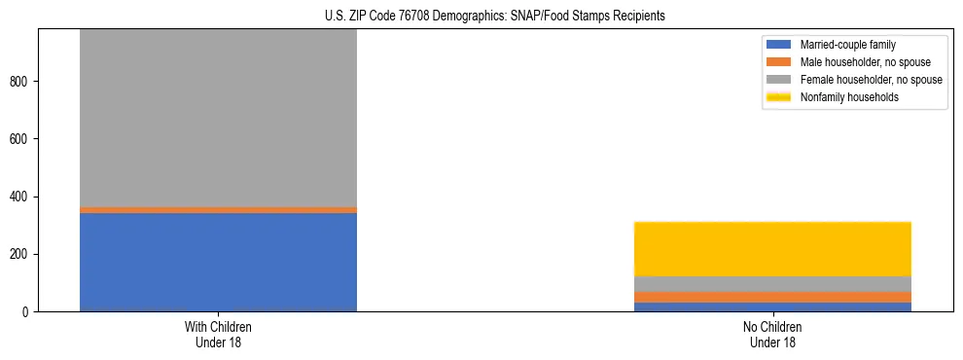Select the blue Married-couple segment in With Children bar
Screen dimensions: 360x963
[x=218, y=262]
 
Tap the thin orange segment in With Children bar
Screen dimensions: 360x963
[x=218, y=209]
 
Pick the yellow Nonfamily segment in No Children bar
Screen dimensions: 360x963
[x=772, y=249]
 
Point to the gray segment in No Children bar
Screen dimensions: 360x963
[x=772, y=284]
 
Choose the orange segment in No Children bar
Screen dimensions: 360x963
[x=772, y=297]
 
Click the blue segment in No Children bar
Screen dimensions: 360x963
[x=772, y=306]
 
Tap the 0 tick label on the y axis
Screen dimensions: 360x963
[x=27, y=312]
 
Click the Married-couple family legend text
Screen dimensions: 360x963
[x=847, y=45]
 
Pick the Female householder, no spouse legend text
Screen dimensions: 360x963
[x=871, y=80]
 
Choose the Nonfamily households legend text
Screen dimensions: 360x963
[x=849, y=97]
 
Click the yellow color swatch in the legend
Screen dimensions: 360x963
[x=779, y=97]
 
